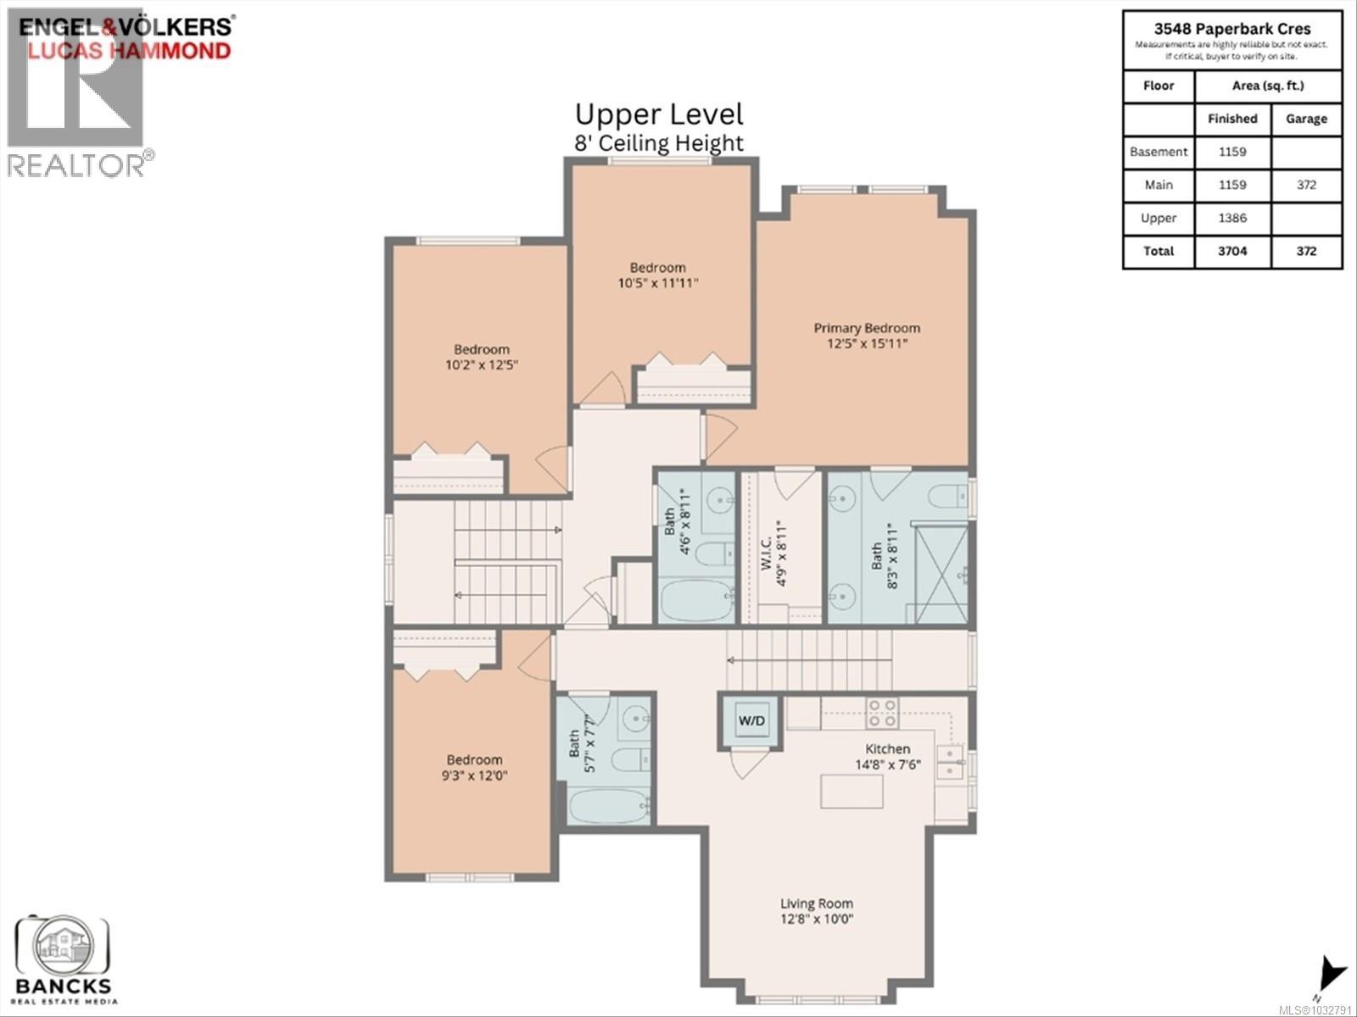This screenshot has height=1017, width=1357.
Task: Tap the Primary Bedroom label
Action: [866, 336]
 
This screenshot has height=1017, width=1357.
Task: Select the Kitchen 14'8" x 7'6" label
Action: [887, 757]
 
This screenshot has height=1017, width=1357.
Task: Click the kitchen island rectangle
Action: [852, 792]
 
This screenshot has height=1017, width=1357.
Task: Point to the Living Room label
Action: [816, 911]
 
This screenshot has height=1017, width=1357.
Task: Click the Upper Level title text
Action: [658, 114]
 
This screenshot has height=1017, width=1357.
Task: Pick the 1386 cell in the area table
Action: [1232, 218]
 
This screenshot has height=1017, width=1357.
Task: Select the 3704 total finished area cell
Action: [1232, 251]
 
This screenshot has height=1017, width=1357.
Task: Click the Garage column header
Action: [1306, 119]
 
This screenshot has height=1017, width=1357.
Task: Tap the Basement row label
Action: [1159, 152]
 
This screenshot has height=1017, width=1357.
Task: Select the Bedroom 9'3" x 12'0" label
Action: [474, 767]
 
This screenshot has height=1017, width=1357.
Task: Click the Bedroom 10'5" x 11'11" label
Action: [657, 275]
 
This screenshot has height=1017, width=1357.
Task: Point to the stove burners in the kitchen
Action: [882, 713]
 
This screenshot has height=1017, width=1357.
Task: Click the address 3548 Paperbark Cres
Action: [1231, 28]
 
